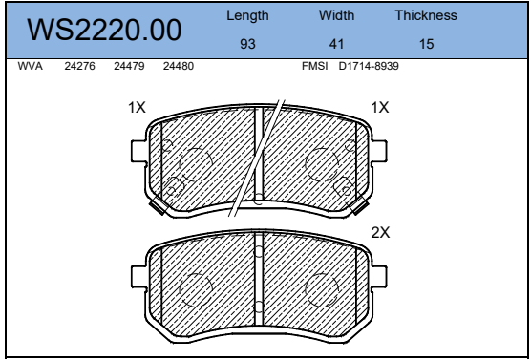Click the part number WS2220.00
pyautogui.click(x=104, y=30)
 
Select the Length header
pyautogui.click(x=247, y=16)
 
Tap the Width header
pyautogui.click(x=336, y=15)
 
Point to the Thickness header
pyautogui.click(x=426, y=15)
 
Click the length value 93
pyautogui.click(x=247, y=44)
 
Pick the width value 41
pyautogui.click(x=336, y=44)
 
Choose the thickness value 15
pyautogui.click(x=426, y=44)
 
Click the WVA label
pyautogui.click(x=31, y=66)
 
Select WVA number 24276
pyautogui.click(x=79, y=66)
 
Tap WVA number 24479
pyautogui.click(x=129, y=66)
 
